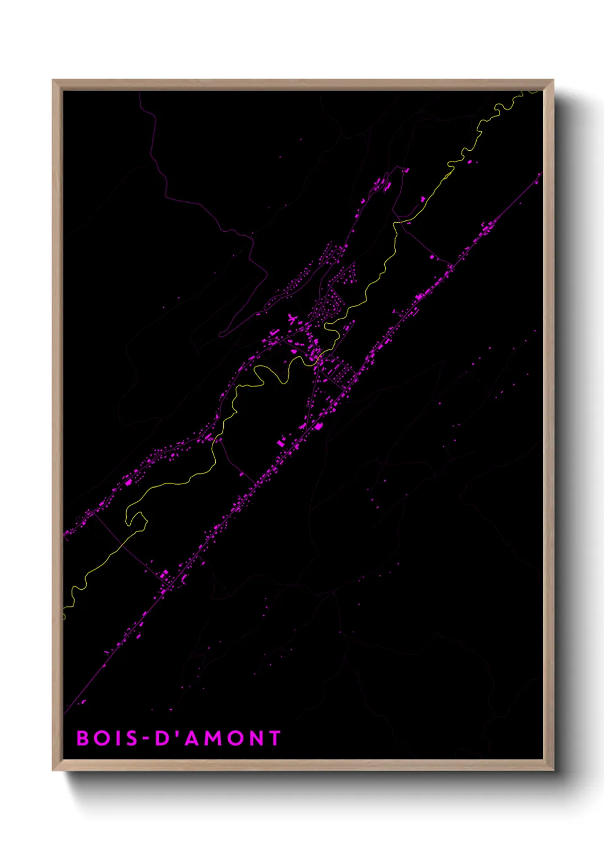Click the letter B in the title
[x=83, y=738]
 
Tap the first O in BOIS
[x=101, y=738]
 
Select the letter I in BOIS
[x=116, y=738]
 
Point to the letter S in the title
[x=131, y=738]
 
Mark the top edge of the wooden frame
[x=303, y=84]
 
